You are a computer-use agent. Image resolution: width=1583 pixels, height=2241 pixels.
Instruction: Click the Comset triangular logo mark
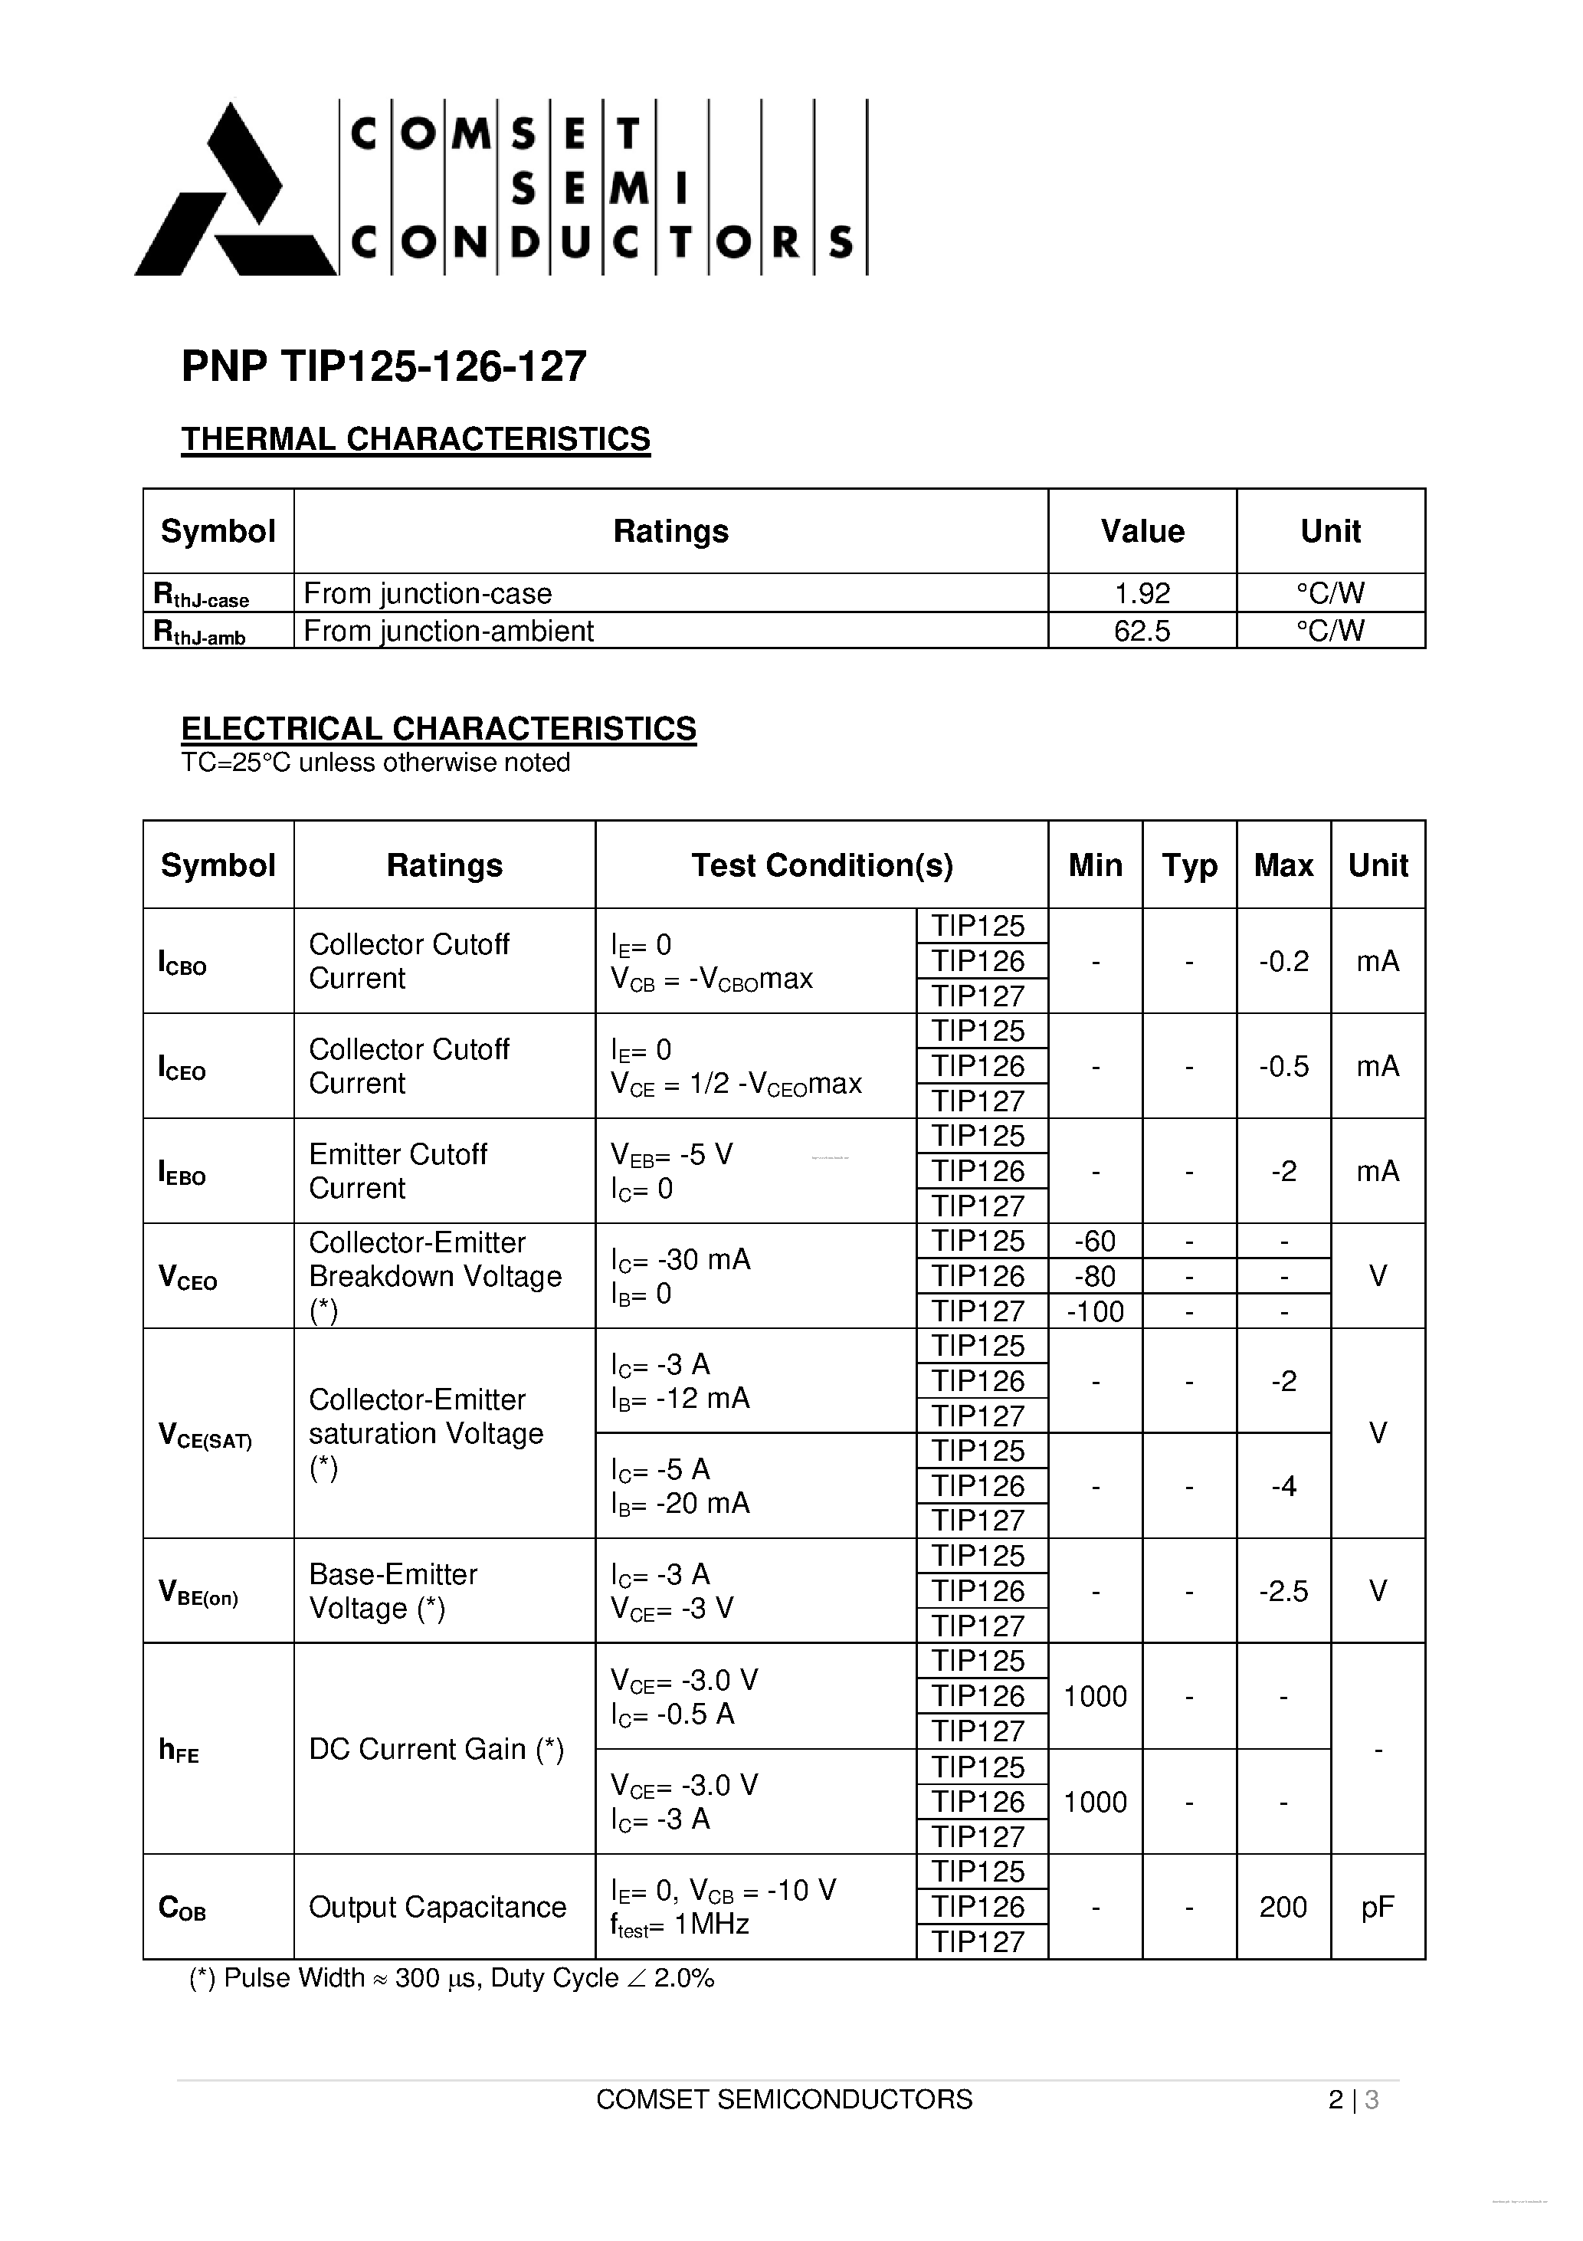point(234,195)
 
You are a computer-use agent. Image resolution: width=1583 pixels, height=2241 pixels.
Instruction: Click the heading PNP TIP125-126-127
point(384,367)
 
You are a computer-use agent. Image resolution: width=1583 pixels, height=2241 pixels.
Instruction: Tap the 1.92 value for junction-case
point(1142,593)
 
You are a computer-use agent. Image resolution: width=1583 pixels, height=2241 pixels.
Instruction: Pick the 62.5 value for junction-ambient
point(1142,631)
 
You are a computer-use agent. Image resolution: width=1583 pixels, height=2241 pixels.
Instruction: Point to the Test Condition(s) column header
point(821,865)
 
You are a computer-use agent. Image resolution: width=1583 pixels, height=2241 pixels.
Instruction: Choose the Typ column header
point(1188,865)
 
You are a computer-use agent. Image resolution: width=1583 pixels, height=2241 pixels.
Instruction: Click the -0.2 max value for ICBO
point(1283,961)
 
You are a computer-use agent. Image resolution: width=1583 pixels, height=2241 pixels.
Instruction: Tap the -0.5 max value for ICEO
point(1283,1066)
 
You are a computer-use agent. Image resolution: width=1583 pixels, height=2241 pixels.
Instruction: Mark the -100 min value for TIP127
point(1095,1311)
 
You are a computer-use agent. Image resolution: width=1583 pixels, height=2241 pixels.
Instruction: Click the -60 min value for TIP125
point(1095,1242)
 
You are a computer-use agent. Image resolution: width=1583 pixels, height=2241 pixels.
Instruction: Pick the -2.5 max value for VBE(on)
point(1283,1592)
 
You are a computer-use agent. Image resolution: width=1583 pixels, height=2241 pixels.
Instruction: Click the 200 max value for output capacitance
point(1283,1907)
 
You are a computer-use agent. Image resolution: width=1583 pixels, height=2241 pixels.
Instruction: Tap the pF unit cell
point(1377,1907)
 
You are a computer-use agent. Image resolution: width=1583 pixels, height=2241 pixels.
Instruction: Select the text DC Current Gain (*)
point(436,1749)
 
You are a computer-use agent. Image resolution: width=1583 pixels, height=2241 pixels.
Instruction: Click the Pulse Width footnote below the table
point(452,1978)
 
